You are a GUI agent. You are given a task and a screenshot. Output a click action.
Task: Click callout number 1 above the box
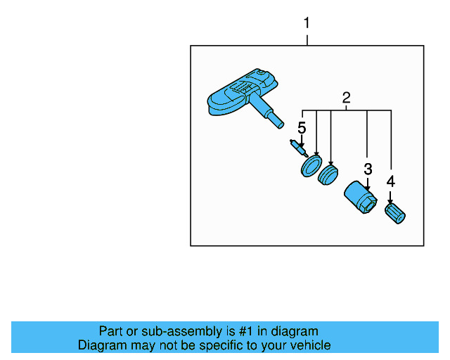pos(306,23)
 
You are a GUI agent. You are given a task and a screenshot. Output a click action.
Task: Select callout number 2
pos(346,98)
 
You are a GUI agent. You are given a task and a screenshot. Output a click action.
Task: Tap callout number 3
pos(367,169)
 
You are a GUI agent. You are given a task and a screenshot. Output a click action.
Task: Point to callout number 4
pos(390,181)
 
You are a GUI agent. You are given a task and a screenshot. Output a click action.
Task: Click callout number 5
pos(302,128)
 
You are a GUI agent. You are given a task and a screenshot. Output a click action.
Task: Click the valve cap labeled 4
pos(396,214)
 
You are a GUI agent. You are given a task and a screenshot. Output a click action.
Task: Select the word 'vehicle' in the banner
pos(309,345)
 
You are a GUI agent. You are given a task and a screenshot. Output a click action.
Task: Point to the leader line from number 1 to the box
pos(307,38)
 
